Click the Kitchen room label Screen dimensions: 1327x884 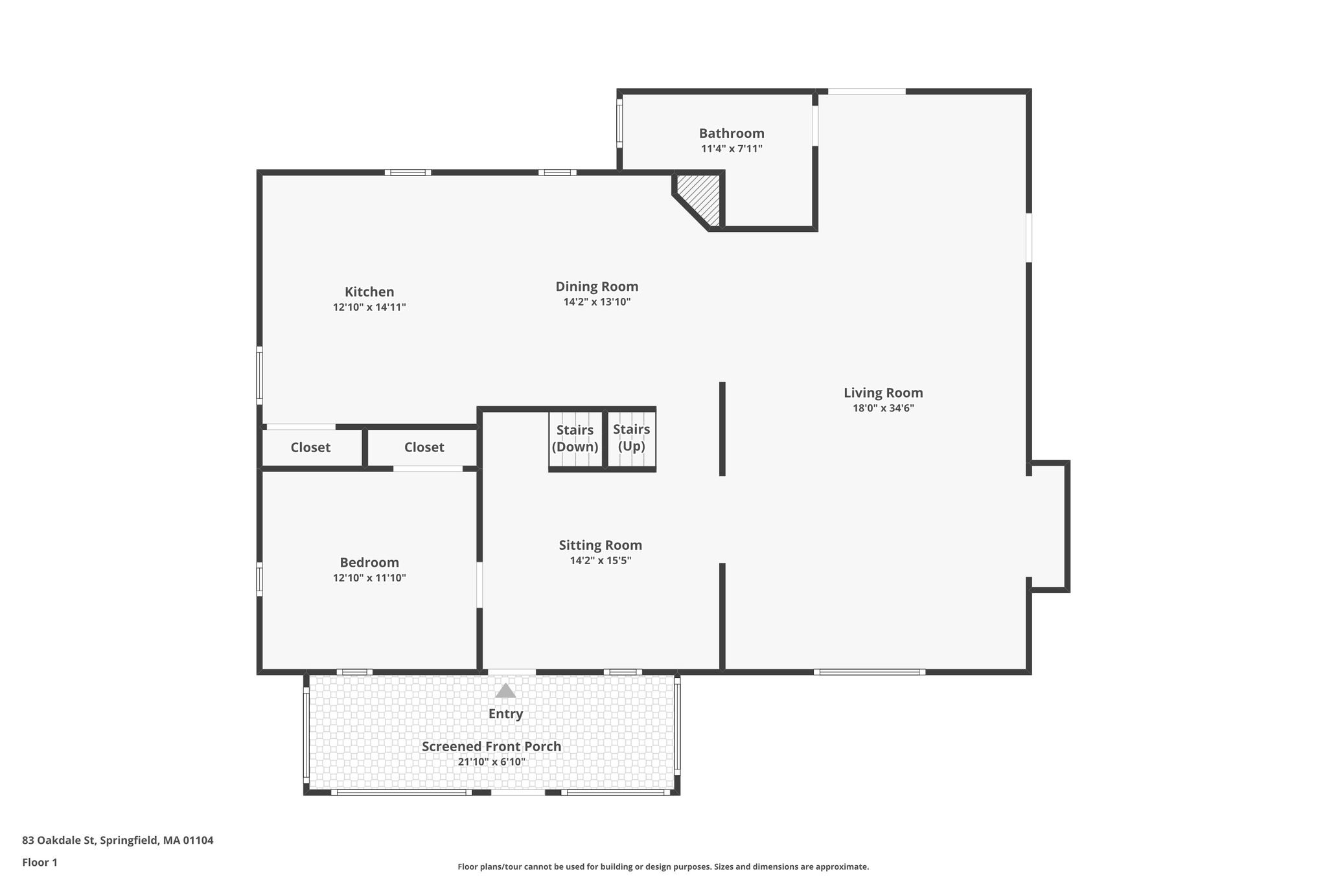pos(369,292)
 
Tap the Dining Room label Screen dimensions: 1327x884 pos(597,287)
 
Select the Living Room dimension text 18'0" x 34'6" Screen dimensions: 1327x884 pos(883,408)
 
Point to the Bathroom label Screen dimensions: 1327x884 pos(732,133)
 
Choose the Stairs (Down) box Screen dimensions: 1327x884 pos(575,438)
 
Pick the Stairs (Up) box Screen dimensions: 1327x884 pos(632,438)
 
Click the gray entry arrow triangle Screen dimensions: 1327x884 pos(505,691)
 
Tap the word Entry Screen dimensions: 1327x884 pos(505,714)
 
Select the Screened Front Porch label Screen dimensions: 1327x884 pos(491,746)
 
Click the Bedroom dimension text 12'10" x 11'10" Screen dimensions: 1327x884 pos(369,578)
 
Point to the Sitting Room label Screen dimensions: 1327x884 pos(601,545)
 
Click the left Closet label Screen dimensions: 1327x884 pos(310,448)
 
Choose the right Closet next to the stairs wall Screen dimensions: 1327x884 pos(424,448)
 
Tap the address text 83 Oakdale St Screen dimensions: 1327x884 pos(59,841)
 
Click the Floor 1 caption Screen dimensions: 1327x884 pos(40,863)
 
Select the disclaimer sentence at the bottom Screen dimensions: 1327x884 pos(663,867)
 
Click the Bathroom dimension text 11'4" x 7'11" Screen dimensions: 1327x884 pos(732,149)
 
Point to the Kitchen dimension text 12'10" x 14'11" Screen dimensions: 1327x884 pos(369,307)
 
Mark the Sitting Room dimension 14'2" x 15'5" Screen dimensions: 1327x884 pos(601,561)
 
